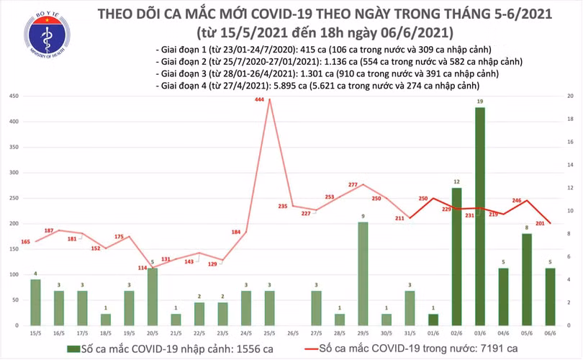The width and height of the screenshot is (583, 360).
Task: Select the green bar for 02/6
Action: [456, 256]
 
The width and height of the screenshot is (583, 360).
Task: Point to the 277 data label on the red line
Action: [353, 185]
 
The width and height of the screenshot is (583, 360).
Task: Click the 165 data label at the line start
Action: [26, 242]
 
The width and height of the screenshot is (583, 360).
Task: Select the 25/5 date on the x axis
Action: [269, 333]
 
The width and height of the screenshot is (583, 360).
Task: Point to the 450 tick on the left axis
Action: [14, 96]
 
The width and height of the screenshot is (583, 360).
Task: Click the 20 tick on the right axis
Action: [569, 96]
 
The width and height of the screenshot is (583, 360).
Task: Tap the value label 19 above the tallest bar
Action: [479, 102]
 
